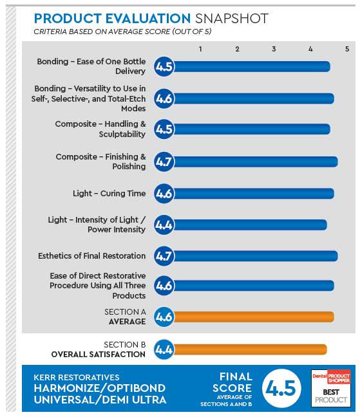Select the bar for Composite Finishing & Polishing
(x=254, y=162)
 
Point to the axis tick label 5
(x=347, y=49)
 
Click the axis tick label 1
(x=201, y=49)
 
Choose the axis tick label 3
(x=274, y=49)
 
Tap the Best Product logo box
(x=331, y=388)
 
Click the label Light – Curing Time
(x=109, y=193)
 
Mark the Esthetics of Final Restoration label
(x=92, y=255)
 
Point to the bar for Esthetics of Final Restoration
(x=254, y=255)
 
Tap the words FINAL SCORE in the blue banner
(x=232, y=383)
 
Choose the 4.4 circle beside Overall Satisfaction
(x=164, y=349)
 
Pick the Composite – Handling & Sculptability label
(x=100, y=129)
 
